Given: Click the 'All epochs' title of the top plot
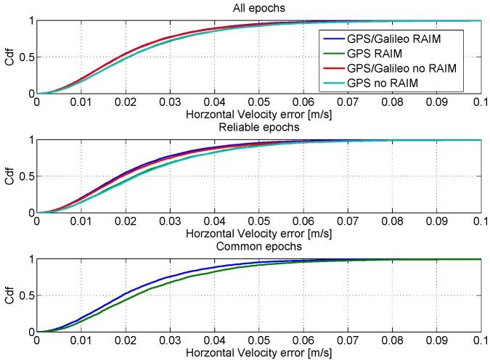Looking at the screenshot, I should pyautogui.click(x=259, y=8).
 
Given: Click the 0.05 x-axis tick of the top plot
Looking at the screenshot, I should pyautogui.click(x=259, y=103).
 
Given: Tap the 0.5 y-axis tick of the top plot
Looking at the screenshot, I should pyautogui.click(x=27, y=57).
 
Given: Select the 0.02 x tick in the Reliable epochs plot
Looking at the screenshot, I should pyautogui.click(x=126, y=222).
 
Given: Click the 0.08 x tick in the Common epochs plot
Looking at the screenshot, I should pyautogui.click(x=392, y=341).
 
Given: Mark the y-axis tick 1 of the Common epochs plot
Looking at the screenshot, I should pyautogui.click(x=30, y=259).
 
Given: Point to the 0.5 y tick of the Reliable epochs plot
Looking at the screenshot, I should pyautogui.click(x=27, y=176).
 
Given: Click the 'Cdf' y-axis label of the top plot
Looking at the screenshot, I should pyautogui.click(x=9, y=57).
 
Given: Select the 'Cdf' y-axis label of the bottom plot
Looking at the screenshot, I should pyautogui.click(x=9, y=295).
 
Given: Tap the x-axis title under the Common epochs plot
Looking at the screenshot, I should pyautogui.click(x=259, y=353).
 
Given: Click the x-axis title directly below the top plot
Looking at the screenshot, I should pyautogui.click(x=259, y=115).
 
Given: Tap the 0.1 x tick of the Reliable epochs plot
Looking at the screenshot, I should pyautogui.click(x=480, y=222).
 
